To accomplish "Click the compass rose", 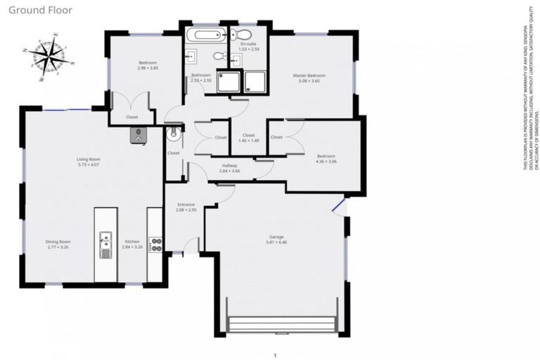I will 47,57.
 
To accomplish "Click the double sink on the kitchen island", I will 105,245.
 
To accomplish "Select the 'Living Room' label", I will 89,159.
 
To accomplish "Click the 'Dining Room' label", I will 58,241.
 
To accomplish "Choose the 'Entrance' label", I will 186,205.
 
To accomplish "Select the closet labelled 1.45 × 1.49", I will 249,138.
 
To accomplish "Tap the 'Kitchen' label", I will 132,241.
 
